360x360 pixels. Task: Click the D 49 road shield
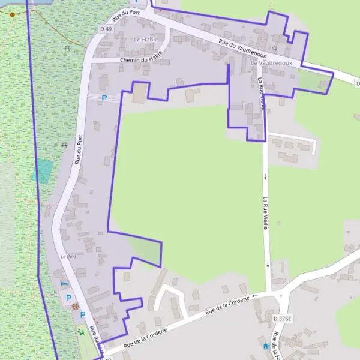coord(106,28)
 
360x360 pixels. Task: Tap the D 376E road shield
coord(281,318)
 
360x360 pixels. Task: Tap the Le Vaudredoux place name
coord(271,62)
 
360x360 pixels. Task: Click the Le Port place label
coord(68,256)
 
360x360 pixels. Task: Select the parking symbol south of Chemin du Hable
coord(104,98)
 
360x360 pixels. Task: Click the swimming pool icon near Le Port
coord(65,283)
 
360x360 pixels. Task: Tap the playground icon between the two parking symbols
coord(76,306)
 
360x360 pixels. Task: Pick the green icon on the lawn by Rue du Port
coord(80,331)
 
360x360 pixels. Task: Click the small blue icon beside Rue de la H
coord(265,346)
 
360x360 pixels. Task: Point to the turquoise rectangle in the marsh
coord(43,171)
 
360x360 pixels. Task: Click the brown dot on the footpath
coord(12,14)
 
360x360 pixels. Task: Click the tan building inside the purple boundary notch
coord(139,93)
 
